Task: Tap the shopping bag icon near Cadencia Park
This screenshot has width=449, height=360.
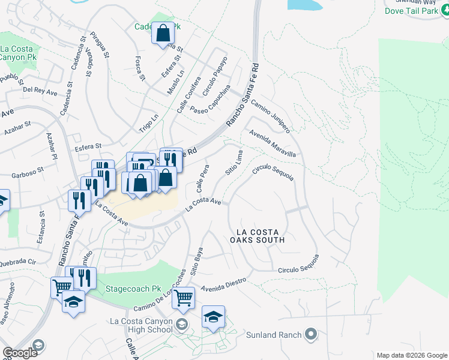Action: click(163, 34)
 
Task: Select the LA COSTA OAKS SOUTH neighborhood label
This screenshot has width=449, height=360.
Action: click(260, 235)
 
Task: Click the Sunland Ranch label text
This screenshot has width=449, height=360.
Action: click(274, 334)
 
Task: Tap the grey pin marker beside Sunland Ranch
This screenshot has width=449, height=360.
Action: click(310, 334)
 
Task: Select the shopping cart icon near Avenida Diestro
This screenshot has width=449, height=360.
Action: click(183, 297)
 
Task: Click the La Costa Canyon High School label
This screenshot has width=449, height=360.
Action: click(142, 326)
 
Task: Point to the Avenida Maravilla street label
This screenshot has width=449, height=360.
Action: click(273, 144)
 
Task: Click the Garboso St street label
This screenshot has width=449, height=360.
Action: click(28, 173)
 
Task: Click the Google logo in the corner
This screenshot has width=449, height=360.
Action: click(20, 352)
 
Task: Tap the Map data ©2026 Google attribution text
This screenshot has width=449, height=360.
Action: click(411, 355)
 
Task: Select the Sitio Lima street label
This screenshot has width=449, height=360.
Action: click(234, 164)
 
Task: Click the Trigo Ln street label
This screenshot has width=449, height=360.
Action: click(148, 122)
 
